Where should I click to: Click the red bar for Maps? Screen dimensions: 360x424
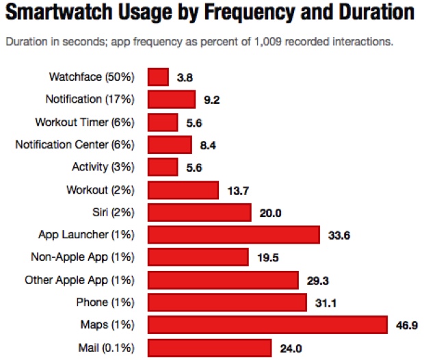[x=267, y=324]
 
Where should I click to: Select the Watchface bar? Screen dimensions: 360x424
[x=158, y=77]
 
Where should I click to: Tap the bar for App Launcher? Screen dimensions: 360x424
[x=233, y=235]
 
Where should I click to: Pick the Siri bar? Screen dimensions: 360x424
[x=199, y=212]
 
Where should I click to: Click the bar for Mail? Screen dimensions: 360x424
[x=209, y=347]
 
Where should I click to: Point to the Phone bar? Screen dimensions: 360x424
[x=227, y=302]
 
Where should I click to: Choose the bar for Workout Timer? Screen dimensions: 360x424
[x=163, y=123]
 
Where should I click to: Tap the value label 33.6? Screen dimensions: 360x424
[x=339, y=235]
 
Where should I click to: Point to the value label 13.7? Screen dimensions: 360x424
[x=238, y=190]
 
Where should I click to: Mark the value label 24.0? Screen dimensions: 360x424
[x=291, y=347]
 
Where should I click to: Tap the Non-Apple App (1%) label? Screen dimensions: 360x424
[x=83, y=257]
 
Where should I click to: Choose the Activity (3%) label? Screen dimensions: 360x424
[x=103, y=167]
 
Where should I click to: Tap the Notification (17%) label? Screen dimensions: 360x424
[x=90, y=100]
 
